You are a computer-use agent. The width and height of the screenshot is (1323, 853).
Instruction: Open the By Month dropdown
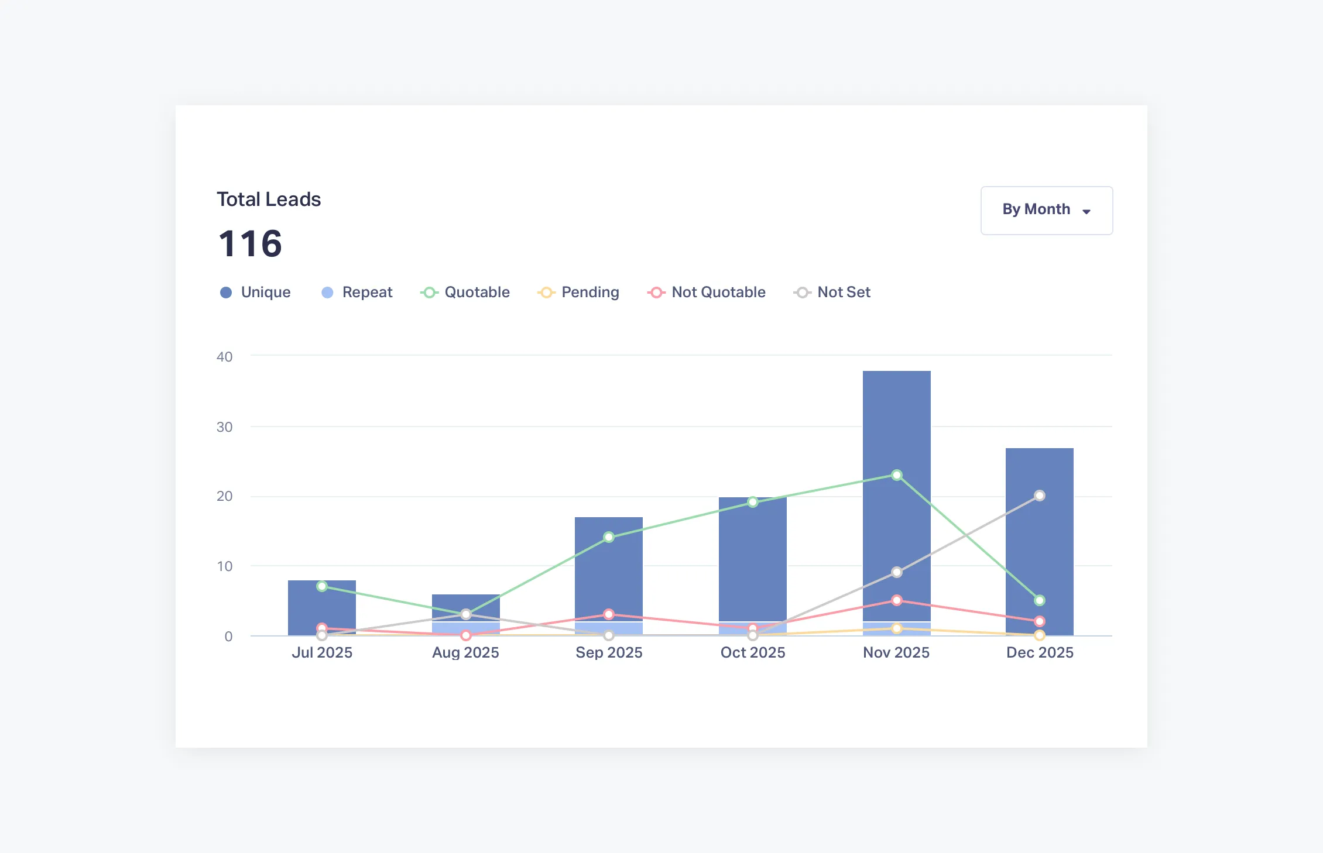click(x=1046, y=210)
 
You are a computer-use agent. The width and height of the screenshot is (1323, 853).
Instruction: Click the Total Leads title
click(x=269, y=200)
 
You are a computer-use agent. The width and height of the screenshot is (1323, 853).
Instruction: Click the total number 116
click(x=251, y=243)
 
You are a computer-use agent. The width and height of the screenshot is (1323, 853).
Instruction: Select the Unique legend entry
click(x=255, y=292)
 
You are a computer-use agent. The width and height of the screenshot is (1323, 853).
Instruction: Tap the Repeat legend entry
click(x=357, y=292)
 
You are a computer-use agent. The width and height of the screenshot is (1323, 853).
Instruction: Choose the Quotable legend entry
click(x=465, y=292)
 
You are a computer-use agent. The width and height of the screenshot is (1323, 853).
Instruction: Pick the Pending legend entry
click(x=578, y=292)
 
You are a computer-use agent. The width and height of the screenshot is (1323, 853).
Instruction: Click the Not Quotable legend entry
click(x=707, y=292)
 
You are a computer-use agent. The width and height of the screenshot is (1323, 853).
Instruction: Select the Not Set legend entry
click(x=832, y=292)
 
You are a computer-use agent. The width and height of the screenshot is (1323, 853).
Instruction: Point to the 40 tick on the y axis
click(x=224, y=357)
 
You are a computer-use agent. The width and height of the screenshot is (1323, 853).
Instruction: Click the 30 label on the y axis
click(x=224, y=427)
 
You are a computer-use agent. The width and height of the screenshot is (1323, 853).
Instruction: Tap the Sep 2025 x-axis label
click(x=609, y=652)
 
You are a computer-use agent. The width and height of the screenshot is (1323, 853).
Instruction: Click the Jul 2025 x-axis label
click(x=322, y=652)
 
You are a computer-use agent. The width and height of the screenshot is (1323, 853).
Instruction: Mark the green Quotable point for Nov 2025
click(x=896, y=475)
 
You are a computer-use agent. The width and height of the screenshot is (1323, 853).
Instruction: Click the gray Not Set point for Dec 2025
click(x=1040, y=496)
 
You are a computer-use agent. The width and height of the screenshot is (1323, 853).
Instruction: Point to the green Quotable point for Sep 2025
click(x=609, y=537)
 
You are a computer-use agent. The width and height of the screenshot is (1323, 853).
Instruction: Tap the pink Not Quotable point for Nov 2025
click(x=896, y=600)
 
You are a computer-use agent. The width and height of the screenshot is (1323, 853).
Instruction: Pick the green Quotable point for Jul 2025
click(x=322, y=586)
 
